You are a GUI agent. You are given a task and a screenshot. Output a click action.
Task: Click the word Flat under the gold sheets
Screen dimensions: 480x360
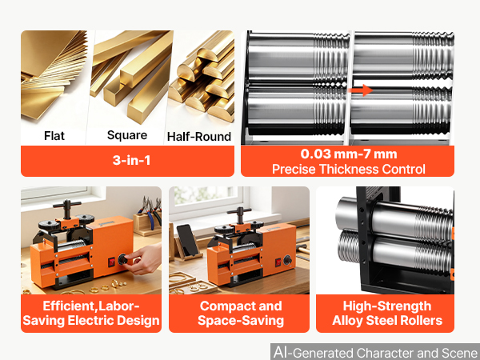[54, 136]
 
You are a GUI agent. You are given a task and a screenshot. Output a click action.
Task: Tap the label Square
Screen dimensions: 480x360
[127, 135]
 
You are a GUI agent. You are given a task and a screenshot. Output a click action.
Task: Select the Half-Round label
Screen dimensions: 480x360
[199, 137]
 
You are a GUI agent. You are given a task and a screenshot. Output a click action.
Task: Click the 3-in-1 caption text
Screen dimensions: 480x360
[132, 160]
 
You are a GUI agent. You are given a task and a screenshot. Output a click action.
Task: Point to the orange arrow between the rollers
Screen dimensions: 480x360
[361, 90]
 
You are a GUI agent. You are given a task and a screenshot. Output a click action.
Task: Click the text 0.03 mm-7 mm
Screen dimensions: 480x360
[349, 154]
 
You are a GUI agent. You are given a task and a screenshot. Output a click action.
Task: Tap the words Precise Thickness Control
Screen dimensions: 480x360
[349, 169]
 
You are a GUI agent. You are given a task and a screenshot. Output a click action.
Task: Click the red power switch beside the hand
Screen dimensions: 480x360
[111, 262]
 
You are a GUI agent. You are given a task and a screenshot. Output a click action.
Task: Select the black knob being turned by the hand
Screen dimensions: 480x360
[122, 259]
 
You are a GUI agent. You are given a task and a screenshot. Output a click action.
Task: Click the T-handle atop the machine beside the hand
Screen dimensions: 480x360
[67, 208]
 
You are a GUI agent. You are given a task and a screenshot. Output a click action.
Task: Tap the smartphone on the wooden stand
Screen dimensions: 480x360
[186, 240]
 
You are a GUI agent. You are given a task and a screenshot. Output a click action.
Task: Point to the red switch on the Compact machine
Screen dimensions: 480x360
[278, 262]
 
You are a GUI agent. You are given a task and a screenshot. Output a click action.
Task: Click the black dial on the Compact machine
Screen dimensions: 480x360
[287, 260]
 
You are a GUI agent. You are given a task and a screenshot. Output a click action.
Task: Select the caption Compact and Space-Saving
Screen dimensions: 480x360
[241, 313]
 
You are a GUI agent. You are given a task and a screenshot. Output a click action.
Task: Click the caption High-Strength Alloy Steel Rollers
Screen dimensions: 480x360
[387, 313]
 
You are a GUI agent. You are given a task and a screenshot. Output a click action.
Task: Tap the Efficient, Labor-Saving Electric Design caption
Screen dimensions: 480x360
[91, 313]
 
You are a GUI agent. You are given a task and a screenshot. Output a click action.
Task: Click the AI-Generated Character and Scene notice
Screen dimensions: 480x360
[376, 352]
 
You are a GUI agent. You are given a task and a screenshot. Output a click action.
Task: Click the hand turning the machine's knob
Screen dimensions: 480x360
[145, 259]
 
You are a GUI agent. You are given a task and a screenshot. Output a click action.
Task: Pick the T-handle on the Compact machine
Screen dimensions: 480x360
[239, 214]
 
